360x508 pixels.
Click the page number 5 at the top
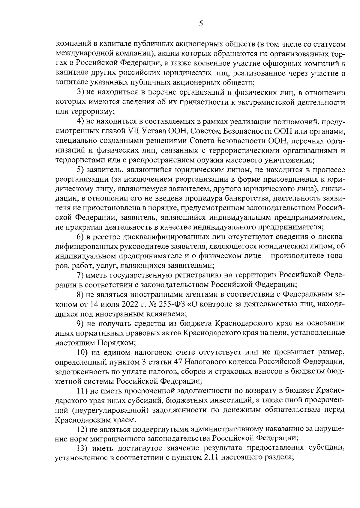pyautogui.click(x=201, y=23)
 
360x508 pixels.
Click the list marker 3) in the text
pyautogui.click(x=80, y=93)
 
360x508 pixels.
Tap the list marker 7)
pyautogui.click(x=80, y=275)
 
